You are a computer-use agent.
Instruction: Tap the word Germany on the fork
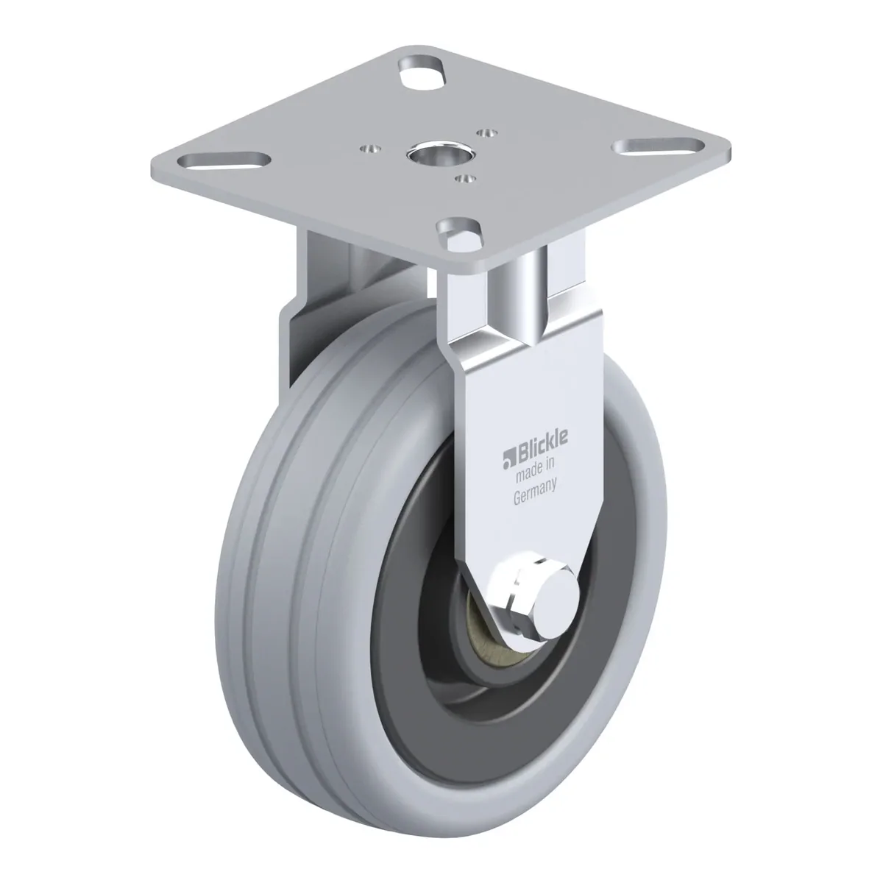pyautogui.click(x=534, y=491)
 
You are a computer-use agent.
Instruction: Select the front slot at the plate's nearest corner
pyautogui.click(x=459, y=233)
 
